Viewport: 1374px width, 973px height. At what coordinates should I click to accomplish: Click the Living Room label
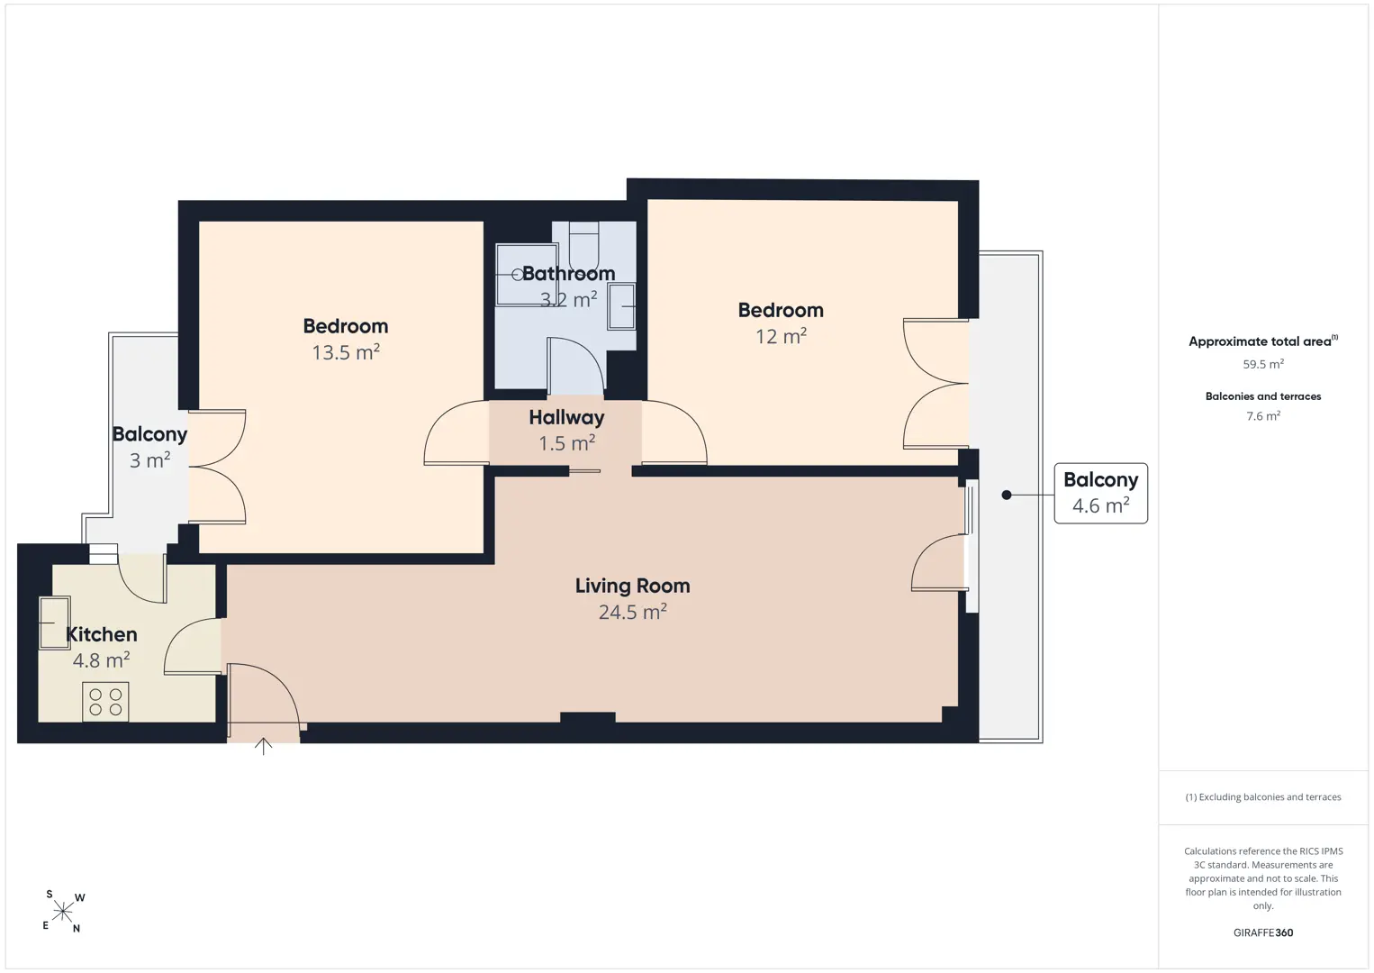pos(632,586)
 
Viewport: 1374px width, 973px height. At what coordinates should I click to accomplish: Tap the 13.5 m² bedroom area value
pos(346,351)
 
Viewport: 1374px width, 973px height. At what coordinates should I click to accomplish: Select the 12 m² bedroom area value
pos(781,336)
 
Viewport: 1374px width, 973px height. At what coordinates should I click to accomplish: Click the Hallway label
pos(566,417)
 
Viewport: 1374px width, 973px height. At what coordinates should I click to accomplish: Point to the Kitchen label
pos(101,634)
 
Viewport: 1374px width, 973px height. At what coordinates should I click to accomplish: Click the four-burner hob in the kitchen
pos(105,702)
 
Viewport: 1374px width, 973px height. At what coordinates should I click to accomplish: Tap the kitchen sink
pos(54,623)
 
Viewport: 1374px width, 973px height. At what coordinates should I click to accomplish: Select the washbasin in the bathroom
pos(621,306)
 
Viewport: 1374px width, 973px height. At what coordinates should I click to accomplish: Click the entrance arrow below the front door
pos(263,746)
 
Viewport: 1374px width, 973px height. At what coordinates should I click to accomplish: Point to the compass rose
pos(63,912)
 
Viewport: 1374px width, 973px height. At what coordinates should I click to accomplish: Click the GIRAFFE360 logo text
pos(1263,932)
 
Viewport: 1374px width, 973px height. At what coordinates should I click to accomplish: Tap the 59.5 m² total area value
pos(1263,364)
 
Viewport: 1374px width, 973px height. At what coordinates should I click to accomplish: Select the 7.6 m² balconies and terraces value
pos(1263,415)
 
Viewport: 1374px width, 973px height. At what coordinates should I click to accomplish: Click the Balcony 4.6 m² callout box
pos(1100,494)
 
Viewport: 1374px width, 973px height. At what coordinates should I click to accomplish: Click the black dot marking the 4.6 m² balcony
pos(1007,495)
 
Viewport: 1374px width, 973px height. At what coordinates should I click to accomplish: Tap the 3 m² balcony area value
pos(149,459)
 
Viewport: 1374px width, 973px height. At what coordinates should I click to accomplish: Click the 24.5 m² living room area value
pos(632,612)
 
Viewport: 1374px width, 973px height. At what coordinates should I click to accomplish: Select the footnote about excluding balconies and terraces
pos(1263,796)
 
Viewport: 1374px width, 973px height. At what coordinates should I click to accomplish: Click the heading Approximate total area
pos(1263,341)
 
